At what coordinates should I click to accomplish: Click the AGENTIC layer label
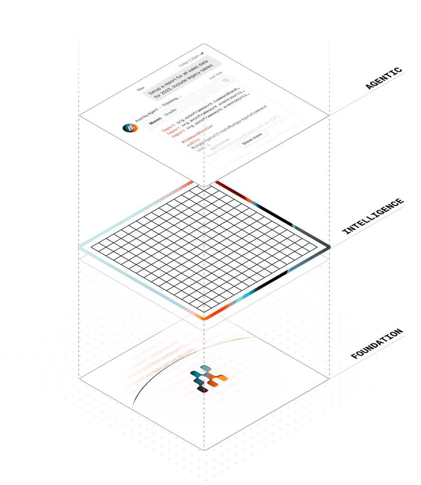[x=384, y=79]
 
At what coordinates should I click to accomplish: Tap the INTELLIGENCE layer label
[x=373, y=216]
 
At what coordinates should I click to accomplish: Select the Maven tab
[x=155, y=122]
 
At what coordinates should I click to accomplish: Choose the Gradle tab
[x=171, y=115]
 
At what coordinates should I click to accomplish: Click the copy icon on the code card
[x=226, y=80]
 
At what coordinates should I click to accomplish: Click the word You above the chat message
[x=140, y=89]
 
